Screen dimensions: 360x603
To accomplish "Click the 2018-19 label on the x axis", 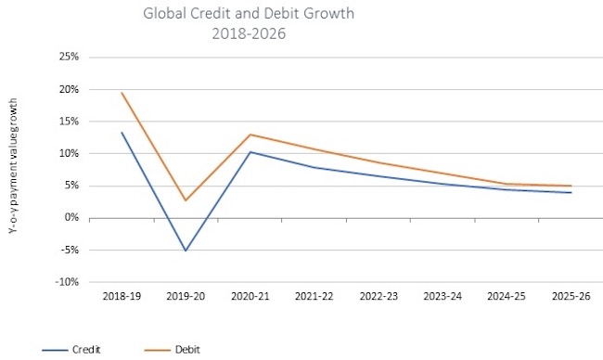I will pyautogui.click(x=122, y=298).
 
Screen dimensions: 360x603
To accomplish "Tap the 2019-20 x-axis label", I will pyautogui.click(x=186, y=298).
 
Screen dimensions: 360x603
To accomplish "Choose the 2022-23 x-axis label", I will pyautogui.click(x=378, y=298).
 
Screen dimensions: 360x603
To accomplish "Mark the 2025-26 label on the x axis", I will pyautogui.click(x=571, y=298).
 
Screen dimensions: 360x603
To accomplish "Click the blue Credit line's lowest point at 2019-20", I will pyautogui.click(x=186, y=251).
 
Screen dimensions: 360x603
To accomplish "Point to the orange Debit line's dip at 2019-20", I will pyautogui.click(x=186, y=200).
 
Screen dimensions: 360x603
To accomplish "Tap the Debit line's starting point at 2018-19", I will pyautogui.click(x=122, y=93).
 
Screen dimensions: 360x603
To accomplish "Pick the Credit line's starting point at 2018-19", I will pyautogui.click(x=122, y=133).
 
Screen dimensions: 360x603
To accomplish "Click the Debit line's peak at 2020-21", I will pyautogui.click(x=250, y=135).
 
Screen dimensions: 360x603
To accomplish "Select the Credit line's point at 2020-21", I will pyautogui.click(x=250, y=152).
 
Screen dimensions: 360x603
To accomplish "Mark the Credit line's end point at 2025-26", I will pyautogui.click(x=571, y=193).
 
